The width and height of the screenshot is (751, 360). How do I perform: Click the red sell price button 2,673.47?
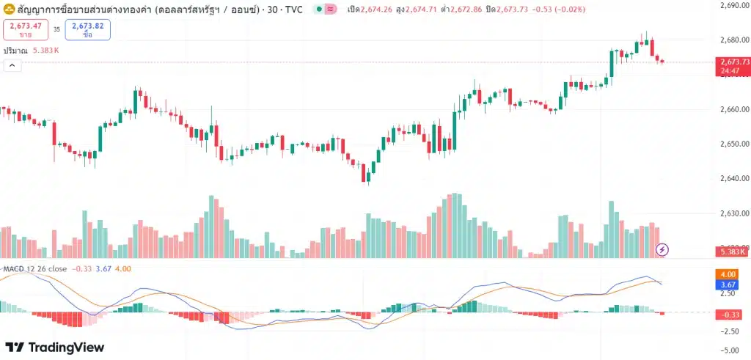(25, 29)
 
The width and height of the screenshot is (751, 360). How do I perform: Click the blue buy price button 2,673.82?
(87, 29)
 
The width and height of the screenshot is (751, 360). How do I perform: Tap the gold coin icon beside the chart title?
(10, 9)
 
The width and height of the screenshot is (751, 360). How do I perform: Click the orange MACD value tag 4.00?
(728, 274)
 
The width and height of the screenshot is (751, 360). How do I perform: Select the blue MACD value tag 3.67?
(728, 284)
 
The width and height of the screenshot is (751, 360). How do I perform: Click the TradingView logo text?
(55, 348)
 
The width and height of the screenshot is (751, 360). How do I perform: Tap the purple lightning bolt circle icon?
(662, 249)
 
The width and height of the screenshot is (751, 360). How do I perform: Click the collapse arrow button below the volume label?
(12, 65)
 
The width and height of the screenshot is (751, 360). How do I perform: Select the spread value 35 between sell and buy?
(56, 30)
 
